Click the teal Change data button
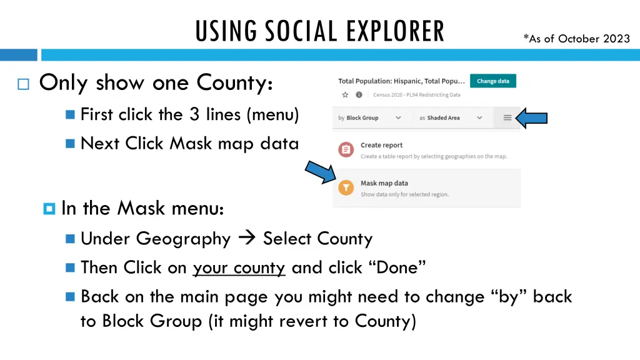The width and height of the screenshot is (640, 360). (492, 81)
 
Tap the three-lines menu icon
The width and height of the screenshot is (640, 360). (507, 117)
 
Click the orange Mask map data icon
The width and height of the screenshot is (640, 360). (346, 187)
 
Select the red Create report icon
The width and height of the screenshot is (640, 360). (346, 149)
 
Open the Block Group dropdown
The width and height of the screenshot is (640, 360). (370, 117)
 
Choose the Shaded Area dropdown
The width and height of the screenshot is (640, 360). (451, 117)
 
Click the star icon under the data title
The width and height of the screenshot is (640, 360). (344, 95)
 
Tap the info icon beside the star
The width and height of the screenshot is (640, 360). (359, 95)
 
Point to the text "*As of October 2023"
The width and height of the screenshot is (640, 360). (577, 39)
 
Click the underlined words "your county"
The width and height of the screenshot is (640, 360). (239, 267)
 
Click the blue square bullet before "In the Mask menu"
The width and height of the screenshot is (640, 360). (49, 209)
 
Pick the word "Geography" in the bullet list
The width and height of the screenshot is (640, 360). (184, 239)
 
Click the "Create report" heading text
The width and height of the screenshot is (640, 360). (381, 145)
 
